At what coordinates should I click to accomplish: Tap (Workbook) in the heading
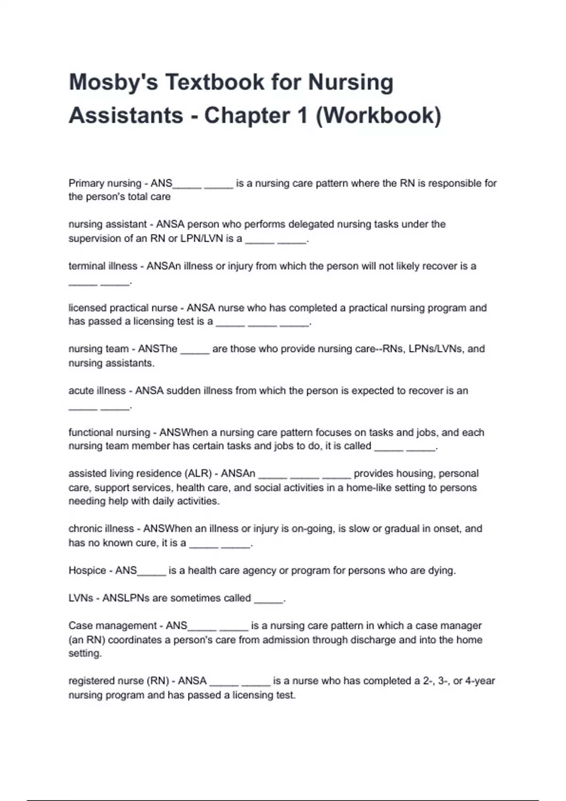(378, 115)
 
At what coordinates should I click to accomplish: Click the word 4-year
(480, 681)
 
